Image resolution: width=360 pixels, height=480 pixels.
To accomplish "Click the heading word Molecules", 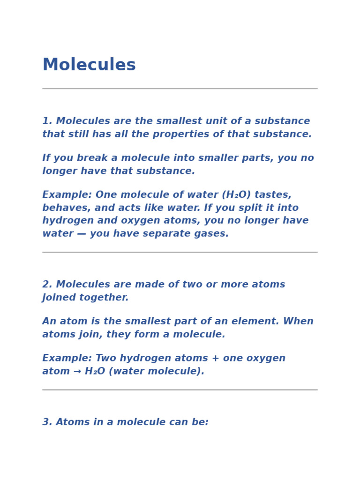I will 89,65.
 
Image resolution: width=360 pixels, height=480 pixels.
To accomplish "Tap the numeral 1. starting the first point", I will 47,121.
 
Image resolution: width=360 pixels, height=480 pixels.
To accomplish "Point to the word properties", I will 180,135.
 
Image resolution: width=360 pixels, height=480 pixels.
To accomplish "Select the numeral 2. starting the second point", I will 47,285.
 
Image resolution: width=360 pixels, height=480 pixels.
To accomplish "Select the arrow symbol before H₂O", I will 75,372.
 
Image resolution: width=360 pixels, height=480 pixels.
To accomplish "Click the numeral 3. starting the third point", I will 47,422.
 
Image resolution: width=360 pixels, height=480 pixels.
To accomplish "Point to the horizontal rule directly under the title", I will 180,89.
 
